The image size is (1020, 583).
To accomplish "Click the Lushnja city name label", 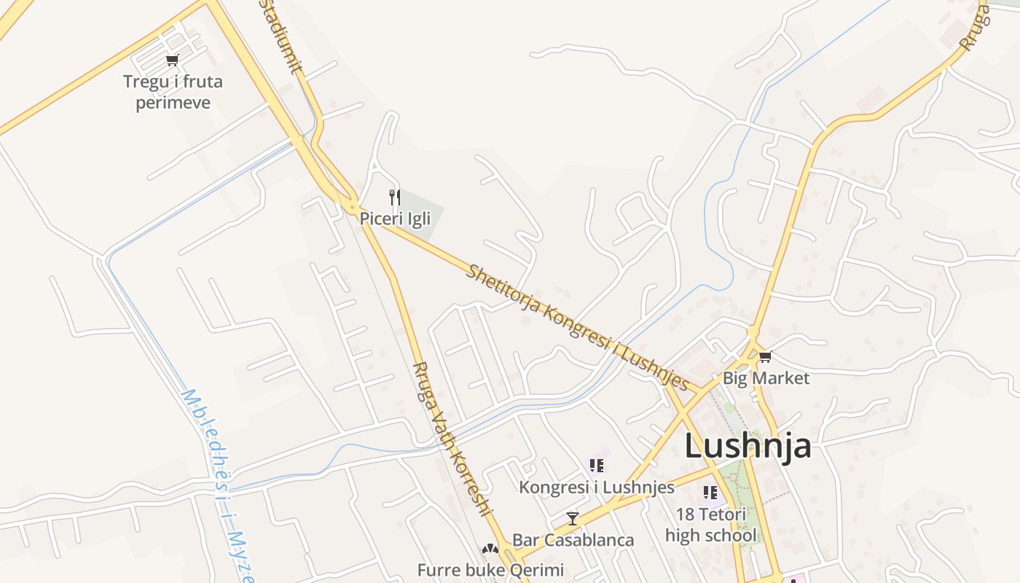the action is pos(748,445).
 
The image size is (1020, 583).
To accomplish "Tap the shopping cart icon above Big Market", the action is pos(765,356).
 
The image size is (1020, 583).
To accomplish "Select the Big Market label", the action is pos(766,378).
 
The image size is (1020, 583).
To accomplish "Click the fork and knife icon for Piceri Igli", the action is pos(395,197).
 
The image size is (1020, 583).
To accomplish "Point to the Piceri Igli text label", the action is pos(395,218).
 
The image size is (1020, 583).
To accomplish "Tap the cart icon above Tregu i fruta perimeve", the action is pos(173,60).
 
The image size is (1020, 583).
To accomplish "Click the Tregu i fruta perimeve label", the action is pos(173,92).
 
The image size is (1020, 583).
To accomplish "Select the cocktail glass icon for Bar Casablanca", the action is pos(573,519).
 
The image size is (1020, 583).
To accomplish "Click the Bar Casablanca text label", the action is pos(573,540).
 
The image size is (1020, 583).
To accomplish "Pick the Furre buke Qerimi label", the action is pos(490,569).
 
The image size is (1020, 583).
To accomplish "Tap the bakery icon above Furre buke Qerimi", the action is pos(490,549).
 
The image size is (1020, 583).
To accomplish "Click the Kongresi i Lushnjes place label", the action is pos(597,487).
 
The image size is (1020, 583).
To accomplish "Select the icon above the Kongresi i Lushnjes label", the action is pos(597,466).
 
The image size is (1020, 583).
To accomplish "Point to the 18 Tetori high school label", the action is pos(710,525).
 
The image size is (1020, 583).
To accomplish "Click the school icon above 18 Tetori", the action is pos(710,493).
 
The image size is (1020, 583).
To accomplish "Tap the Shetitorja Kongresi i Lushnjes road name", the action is pos(577,327).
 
